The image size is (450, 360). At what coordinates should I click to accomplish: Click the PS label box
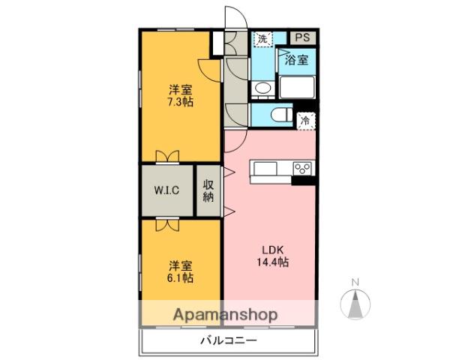click(303, 37)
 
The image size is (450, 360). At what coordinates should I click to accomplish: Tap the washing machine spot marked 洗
click(262, 37)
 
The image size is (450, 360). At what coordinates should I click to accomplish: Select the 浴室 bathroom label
click(296, 60)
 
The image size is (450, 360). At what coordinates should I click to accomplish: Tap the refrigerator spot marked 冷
click(305, 120)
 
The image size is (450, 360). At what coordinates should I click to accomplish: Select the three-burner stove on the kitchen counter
click(303, 168)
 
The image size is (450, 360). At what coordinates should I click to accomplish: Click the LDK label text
click(272, 249)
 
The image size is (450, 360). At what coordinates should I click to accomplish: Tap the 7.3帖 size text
click(180, 102)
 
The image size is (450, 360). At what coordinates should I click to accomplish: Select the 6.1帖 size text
click(180, 277)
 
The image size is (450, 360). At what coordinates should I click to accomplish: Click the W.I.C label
click(166, 190)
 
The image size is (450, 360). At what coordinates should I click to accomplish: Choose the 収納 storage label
click(208, 190)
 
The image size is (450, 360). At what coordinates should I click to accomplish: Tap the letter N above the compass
click(356, 282)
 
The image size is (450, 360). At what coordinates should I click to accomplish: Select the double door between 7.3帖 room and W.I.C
click(167, 156)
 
